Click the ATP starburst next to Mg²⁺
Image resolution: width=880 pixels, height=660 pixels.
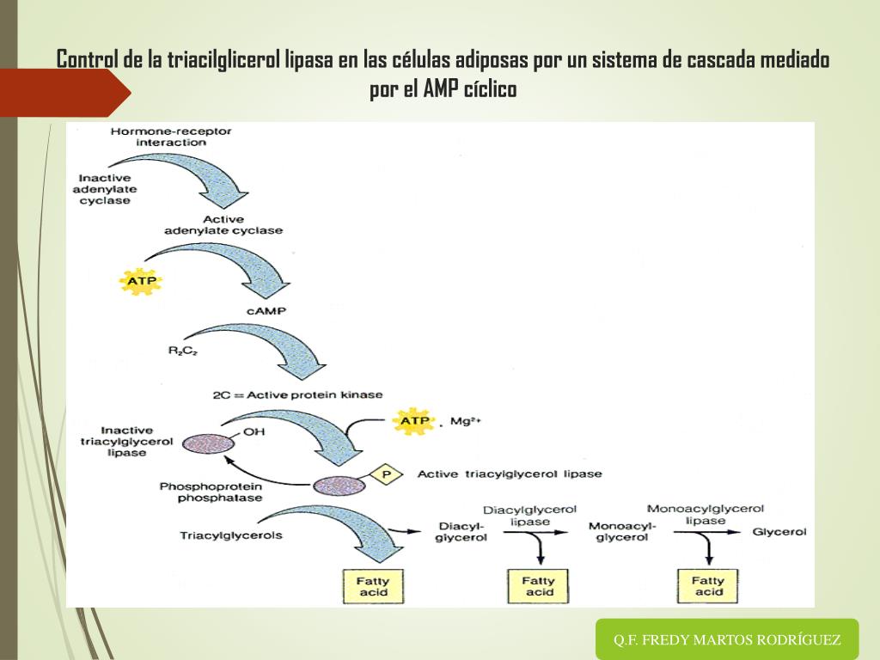point(414,421)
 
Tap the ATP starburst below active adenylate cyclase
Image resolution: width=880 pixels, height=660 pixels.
point(141,281)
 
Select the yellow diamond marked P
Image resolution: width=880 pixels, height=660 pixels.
point(386,474)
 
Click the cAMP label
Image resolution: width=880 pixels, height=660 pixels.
point(266,311)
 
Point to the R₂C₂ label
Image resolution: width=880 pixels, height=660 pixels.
point(182,351)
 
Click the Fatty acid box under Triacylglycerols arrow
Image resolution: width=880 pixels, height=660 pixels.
point(373,586)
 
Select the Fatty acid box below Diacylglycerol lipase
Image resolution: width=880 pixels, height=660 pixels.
point(538,586)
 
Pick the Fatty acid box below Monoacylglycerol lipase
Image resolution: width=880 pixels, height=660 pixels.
point(708,586)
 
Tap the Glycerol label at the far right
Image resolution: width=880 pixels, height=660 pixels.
point(779,531)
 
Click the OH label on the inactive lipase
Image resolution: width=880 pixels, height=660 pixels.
point(254,432)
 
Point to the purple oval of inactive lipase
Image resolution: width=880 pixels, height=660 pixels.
point(208,443)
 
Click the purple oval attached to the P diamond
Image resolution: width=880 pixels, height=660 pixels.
point(339,486)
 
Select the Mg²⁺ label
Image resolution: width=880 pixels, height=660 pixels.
point(465,421)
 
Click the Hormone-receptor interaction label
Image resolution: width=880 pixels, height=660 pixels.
point(171,137)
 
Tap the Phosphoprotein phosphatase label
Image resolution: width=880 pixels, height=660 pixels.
point(211,492)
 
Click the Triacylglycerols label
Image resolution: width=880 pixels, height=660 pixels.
point(230,535)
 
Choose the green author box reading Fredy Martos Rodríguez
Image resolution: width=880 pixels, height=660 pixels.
point(727,639)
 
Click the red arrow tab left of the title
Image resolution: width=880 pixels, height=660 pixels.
point(64,93)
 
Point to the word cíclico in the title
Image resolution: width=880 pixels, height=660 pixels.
point(490,89)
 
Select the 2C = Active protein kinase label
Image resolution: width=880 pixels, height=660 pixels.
point(297,395)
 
